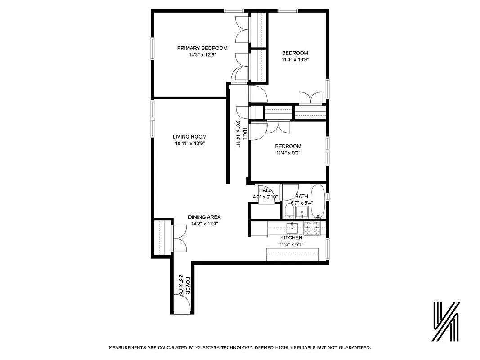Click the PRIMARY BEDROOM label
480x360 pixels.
coord(202,48)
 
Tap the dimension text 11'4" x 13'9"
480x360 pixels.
coord(295,59)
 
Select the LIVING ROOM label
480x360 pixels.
coord(189,137)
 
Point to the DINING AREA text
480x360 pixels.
coord(204,217)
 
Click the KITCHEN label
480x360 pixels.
coord(291,238)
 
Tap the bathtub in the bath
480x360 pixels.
coord(318,201)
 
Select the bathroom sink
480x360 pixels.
coord(303,212)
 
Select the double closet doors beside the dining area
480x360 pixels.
coord(179,238)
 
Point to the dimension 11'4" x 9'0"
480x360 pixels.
coord(288,153)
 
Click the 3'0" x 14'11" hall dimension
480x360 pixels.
coord(238,134)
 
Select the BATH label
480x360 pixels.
coord(301,197)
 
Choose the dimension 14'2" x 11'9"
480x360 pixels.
coord(204,223)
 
